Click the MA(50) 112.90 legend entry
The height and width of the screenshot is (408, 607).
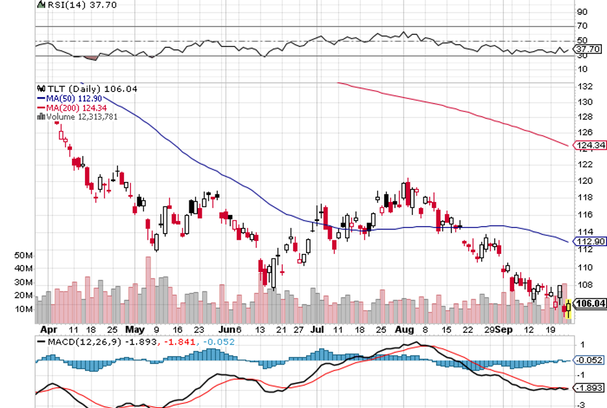click(66, 98)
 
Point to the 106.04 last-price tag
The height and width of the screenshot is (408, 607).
click(591, 303)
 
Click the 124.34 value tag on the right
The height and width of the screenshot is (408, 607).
click(591, 146)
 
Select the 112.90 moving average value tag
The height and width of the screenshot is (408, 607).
click(591, 242)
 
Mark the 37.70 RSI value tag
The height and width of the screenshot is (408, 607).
click(588, 49)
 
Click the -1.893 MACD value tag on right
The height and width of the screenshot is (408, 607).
click(589, 388)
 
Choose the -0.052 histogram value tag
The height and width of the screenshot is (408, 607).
click(589, 359)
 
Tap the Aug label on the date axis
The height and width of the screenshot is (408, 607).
click(403, 329)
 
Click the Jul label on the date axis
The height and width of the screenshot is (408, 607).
click(316, 329)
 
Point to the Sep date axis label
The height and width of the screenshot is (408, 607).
click(503, 329)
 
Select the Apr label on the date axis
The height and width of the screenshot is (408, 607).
click(48, 329)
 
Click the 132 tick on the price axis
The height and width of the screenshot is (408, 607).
click(584, 87)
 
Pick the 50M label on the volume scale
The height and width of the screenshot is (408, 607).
click(23, 255)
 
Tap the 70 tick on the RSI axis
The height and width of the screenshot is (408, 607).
click(582, 27)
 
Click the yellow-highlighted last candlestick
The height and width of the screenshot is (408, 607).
click(569, 309)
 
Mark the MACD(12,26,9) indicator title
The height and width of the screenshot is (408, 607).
click(82, 341)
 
